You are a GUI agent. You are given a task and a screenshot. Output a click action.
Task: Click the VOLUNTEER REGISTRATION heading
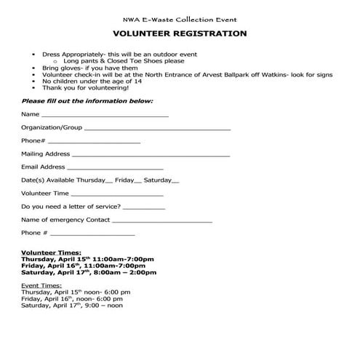coord(180,34)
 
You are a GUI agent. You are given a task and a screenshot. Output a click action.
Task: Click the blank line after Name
coord(105,116)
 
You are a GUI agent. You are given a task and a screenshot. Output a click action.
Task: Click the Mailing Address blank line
coord(151,155)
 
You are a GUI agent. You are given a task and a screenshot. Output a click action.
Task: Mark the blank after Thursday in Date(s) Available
coord(109,181)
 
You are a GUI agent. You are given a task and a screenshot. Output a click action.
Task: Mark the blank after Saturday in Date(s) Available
coord(175,181)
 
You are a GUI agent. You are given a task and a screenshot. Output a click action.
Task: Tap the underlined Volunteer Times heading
coord(51,252)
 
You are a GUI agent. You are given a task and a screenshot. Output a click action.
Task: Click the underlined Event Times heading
coord(42,286)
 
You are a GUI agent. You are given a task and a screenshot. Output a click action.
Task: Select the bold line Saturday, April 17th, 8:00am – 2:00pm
coord(89,273)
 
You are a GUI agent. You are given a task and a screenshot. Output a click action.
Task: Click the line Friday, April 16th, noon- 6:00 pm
coord(72,299)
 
